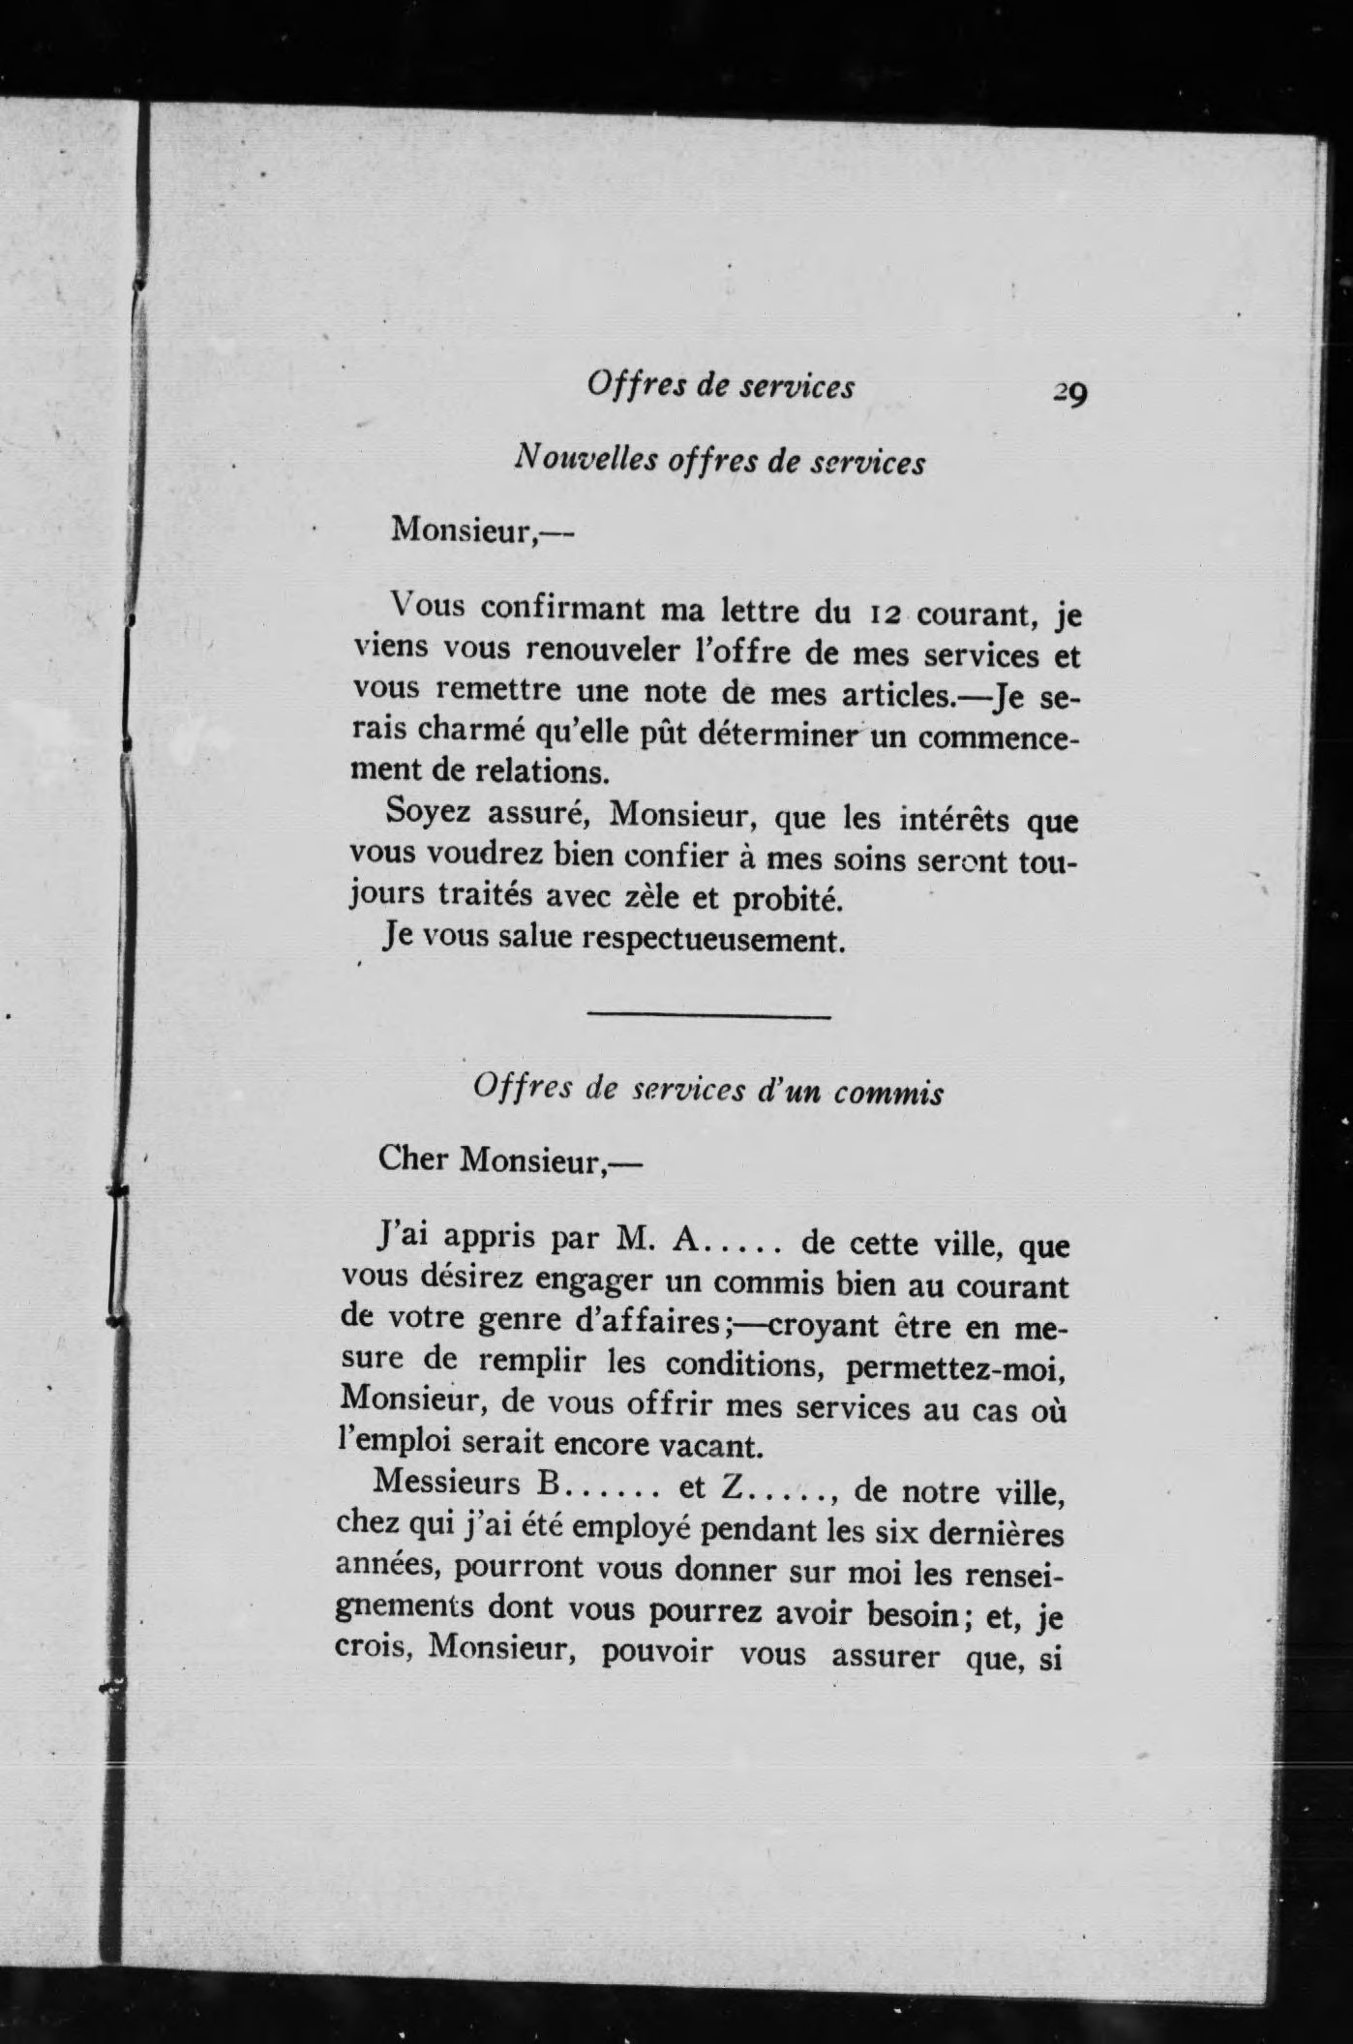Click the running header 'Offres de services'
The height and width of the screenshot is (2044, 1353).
pos(720,386)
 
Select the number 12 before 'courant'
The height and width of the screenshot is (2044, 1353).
pos(886,613)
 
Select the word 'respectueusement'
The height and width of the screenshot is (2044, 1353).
pos(710,941)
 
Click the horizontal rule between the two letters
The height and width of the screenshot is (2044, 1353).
pos(709,1016)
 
